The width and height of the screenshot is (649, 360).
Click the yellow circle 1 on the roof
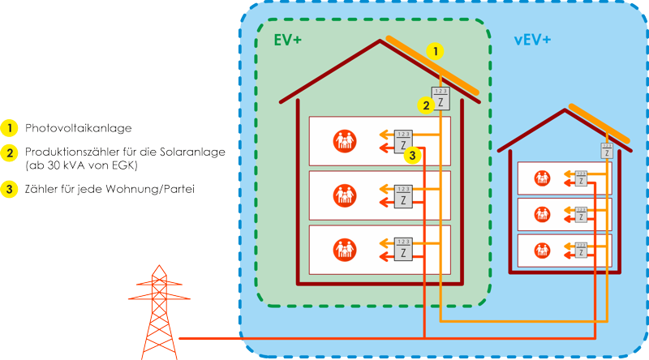pyautogui.click(x=436, y=52)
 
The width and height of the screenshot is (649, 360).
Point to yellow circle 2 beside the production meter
pyautogui.click(x=424, y=105)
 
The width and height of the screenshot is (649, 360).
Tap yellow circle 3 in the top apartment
pyautogui.click(x=412, y=155)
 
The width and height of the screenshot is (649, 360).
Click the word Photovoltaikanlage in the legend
pyautogui.click(x=78, y=128)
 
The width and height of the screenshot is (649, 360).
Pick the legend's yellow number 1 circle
pyautogui.click(x=10, y=128)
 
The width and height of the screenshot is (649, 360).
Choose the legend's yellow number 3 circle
pyautogui.click(x=10, y=190)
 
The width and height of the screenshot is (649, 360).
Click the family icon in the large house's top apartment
pyautogui.click(x=345, y=141)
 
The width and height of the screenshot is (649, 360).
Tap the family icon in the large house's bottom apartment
pyautogui.click(x=345, y=249)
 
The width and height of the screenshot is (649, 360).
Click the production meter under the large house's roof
pyautogui.click(x=439, y=99)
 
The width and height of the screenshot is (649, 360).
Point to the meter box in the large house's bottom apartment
pyautogui.click(x=402, y=249)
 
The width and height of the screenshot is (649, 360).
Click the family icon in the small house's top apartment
pyautogui.click(x=541, y=178)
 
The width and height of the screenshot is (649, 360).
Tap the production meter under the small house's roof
pyautogui.click(x=607, y=150)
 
